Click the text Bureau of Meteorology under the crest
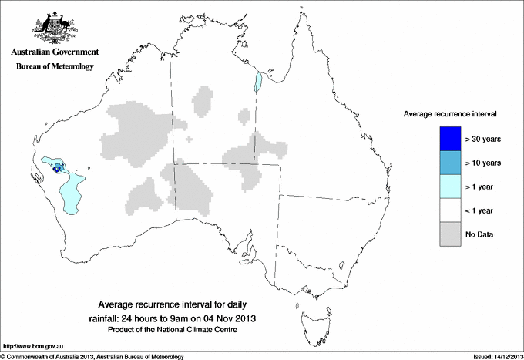tap(55, 67)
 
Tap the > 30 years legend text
tap(483, 139)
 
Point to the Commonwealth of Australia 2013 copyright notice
tap(92, 356)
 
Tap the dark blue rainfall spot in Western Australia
tap(56, 167)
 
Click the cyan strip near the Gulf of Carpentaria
tap(260, 81)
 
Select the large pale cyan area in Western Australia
tap(71, 193)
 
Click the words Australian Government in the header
tap(55, 52)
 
